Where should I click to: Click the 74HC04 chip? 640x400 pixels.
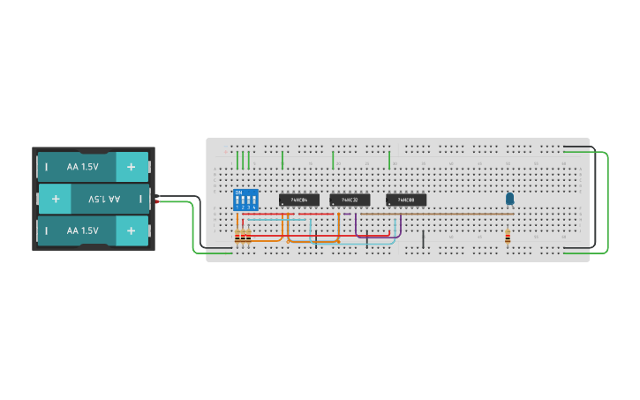298,200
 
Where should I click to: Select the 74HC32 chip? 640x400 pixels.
350,200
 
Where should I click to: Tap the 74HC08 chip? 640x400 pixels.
406,200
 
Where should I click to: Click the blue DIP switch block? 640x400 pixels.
245,200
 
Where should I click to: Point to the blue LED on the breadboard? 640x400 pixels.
509,200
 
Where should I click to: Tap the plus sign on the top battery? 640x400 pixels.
132,166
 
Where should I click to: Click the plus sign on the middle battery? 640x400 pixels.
56,199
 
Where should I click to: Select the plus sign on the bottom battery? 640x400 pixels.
132,230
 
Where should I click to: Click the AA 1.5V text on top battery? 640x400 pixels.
82,166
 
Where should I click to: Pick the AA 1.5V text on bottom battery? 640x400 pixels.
82,230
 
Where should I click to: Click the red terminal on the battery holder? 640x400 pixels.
156,202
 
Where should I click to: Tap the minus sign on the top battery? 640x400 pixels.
45,166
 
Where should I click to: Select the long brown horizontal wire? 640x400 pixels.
437,213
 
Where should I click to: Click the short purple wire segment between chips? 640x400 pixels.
356,223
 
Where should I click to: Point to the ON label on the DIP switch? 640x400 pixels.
237,192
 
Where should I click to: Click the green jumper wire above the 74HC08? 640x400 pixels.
389,160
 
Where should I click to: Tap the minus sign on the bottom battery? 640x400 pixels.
45,230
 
